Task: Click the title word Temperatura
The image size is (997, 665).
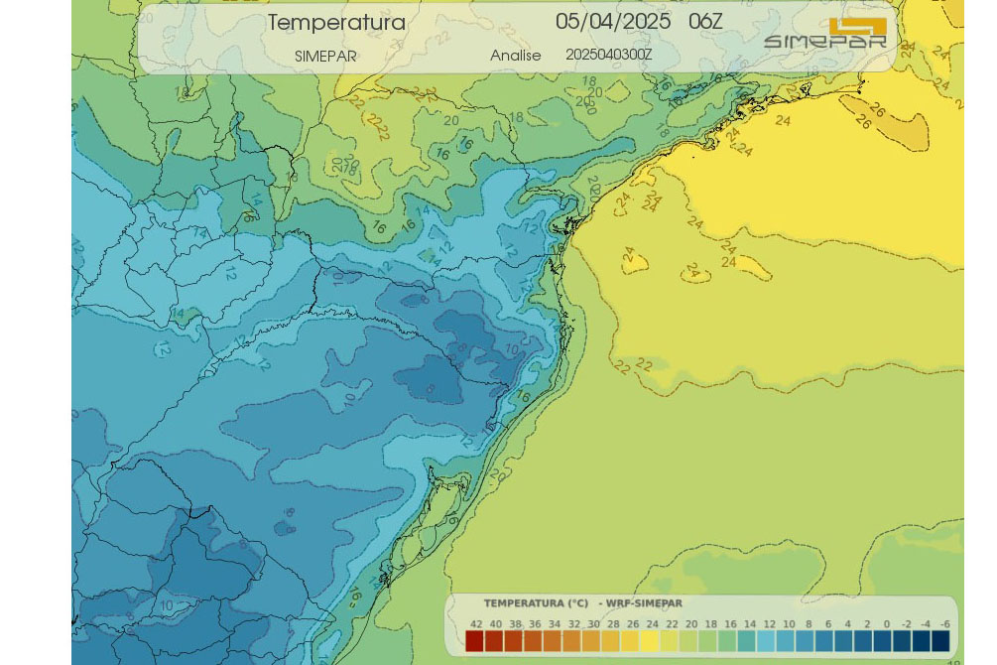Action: coord(336,23)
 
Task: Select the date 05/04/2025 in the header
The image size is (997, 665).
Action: coord(612,22)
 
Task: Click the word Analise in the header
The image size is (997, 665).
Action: coord(515,56)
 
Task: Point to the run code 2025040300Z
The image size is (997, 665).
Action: coord(608,55)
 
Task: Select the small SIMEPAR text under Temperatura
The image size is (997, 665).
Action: coord(325,57)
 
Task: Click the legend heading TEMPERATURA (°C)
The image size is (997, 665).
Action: coord(536,603)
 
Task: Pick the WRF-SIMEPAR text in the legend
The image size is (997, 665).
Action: coord(645,603)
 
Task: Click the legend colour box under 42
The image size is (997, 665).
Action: coord(475,641)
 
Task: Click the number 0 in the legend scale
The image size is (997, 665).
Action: coord(886,624)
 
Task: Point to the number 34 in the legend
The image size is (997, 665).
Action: coord(554,624)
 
